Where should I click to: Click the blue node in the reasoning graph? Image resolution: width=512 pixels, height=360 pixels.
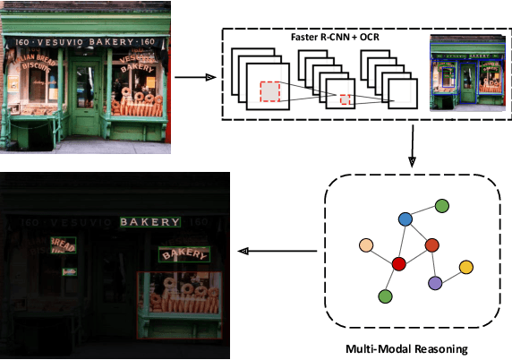(405, 219)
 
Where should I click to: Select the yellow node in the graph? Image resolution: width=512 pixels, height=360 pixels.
(465, 267)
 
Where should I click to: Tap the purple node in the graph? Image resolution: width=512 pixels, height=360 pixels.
(435, 283)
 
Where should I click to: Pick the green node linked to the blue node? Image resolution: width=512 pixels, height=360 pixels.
(441, 206)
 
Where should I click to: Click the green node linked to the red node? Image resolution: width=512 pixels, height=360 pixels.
(386, 296)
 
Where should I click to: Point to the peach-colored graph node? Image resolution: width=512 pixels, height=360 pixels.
(365, 244)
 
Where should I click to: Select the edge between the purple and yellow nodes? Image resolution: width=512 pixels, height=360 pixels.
(450, 275)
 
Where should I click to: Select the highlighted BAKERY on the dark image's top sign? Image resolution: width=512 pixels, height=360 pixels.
(150, 221)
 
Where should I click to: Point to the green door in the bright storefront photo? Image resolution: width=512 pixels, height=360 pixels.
(88, 104)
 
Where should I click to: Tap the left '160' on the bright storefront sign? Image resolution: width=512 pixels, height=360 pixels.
(20, 41)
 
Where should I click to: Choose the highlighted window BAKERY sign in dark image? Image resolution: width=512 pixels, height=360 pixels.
(183, 254)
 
